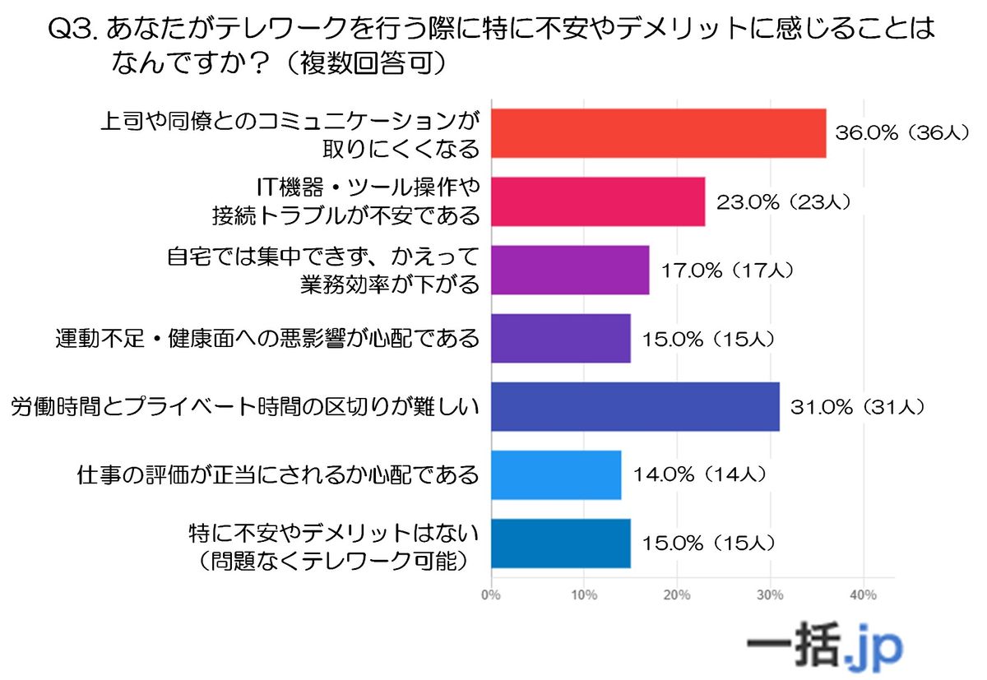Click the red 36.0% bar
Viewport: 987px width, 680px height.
point(658,132)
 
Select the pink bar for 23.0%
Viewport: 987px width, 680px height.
point(598,201)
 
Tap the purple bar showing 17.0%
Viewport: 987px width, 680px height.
point(570,270)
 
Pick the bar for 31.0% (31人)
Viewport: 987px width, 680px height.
point(635,406)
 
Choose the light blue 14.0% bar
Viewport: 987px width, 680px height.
point(556,474)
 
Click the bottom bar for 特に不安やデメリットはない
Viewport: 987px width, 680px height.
point(561,543)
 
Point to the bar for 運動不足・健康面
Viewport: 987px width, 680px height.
point(561,338)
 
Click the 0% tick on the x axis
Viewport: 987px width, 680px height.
point(491,594)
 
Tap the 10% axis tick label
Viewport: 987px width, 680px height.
point(584,594)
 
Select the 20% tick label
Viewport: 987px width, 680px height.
point(677,594)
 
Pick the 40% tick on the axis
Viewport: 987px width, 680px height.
point(863,594)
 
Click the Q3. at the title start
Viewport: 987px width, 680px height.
point(75,31)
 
